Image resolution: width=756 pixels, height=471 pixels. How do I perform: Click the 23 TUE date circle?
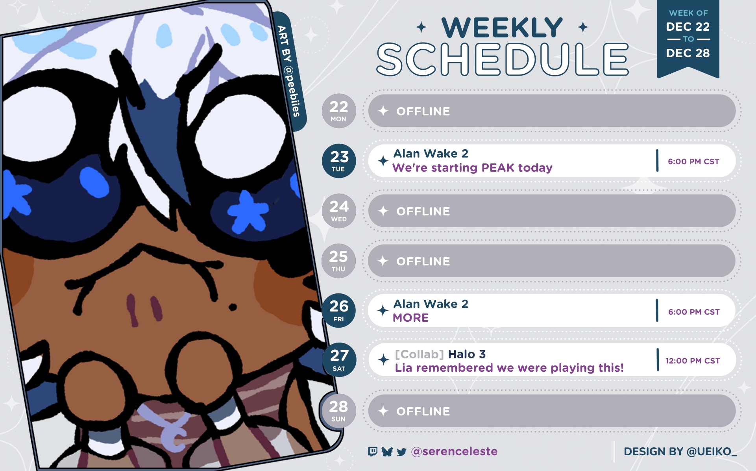(338, 161)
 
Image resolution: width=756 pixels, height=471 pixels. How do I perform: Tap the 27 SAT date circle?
(339, 360)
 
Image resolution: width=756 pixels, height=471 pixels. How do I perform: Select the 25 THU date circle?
(338, 261)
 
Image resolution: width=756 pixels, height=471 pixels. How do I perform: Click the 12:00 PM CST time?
(693, 361)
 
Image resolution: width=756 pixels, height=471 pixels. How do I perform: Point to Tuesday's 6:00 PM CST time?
(693, 161)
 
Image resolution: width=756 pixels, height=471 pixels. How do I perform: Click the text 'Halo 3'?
(467, 354)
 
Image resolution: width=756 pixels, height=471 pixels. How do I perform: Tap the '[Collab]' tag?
(419, 354)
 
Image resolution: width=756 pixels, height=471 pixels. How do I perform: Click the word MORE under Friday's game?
(410, 317)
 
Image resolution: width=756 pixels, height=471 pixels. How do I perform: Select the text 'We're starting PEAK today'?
(472, 168)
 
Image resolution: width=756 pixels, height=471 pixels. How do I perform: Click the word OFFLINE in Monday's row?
(423, 111)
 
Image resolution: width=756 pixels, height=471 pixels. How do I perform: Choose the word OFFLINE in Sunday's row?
(423, 412)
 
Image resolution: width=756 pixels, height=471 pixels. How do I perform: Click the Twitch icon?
(372, 451)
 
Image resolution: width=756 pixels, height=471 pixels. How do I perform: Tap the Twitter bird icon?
(401, 452)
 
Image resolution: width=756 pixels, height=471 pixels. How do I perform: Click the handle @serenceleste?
(454, 451)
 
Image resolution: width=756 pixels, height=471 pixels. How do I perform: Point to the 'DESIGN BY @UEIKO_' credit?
(680, 452)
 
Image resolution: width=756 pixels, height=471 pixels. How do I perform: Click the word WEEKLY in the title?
(502, 28)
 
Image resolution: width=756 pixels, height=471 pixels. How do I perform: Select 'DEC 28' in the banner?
(688, 53)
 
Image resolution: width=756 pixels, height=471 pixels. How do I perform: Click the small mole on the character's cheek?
(233, 307)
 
